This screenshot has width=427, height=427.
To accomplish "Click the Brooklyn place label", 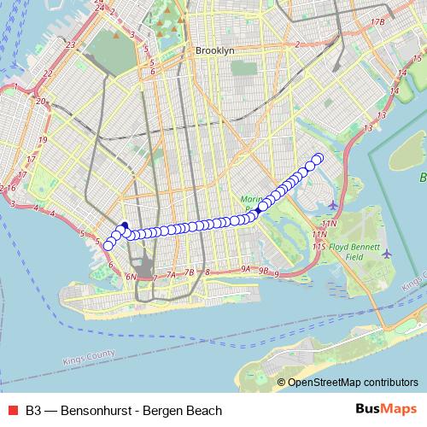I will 214,51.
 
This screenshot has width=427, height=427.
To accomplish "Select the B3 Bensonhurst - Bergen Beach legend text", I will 124,410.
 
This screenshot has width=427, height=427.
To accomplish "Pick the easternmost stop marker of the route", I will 319,157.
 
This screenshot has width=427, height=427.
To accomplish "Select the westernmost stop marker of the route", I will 108,246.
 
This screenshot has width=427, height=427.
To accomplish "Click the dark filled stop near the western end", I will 125,226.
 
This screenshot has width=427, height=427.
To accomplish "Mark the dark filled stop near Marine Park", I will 258,208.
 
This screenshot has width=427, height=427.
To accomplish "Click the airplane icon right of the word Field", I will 387,254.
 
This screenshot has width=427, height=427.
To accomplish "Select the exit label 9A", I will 246,269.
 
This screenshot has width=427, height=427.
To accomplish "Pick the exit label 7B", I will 190,272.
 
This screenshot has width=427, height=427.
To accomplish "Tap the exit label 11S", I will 320,246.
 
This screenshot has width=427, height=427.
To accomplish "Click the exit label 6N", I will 132,277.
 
